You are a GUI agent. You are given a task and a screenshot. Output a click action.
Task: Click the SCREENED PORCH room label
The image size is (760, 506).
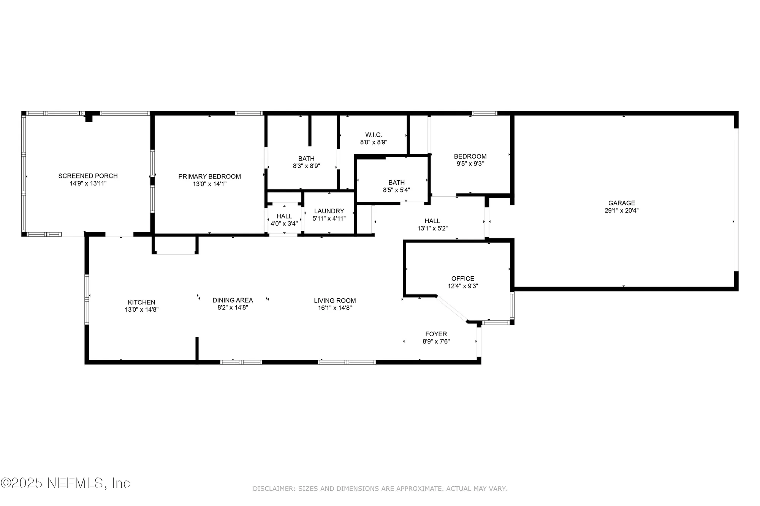[x=88, y=176]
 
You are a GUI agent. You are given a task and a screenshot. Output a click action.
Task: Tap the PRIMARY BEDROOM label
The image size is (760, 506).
[x=209, y=177]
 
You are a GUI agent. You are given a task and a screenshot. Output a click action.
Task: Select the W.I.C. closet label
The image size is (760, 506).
[x=374, y=135]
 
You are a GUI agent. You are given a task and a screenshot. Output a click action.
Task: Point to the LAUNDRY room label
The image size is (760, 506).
[x=329, y=211]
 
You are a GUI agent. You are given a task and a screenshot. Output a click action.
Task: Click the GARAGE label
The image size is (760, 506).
[x=622, y=203]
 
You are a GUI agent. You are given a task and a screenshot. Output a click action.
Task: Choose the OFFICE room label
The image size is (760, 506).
[x=463, y=279]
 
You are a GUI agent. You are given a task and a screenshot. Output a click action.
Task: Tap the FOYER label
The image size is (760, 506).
[x=436, y=334]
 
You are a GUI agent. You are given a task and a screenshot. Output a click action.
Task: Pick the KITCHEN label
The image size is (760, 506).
[x=141, y=302]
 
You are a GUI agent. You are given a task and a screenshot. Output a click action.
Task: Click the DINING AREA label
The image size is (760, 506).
[x=233, y=300]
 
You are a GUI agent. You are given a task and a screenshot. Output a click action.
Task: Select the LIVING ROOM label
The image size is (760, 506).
[x=335, y=301]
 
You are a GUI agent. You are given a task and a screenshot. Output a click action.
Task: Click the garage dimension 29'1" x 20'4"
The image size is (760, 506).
[x=622, y=211]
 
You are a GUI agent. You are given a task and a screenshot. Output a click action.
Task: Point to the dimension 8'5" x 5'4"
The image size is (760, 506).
[x=396, y=190]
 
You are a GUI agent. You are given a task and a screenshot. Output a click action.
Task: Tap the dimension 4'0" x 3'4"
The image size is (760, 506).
[x=284, y=224]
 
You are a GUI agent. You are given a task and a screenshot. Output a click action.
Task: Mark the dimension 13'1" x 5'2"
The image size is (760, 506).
[x=432, y=229]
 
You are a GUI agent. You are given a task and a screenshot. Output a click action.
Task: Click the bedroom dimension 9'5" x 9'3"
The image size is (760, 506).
[x=470, y=164]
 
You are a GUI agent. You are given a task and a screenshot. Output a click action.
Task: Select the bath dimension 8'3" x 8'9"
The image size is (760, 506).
[x=306, y=166]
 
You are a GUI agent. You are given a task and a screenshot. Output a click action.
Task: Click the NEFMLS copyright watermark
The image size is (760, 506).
[x=65, y=483]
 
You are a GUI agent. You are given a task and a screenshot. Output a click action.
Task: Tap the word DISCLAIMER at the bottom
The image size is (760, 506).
[x=273, y=489]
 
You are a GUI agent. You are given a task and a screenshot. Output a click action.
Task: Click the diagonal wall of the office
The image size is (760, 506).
[x=452, y=309]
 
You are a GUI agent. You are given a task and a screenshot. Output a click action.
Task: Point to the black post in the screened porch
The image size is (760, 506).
[x=89, y=118]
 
